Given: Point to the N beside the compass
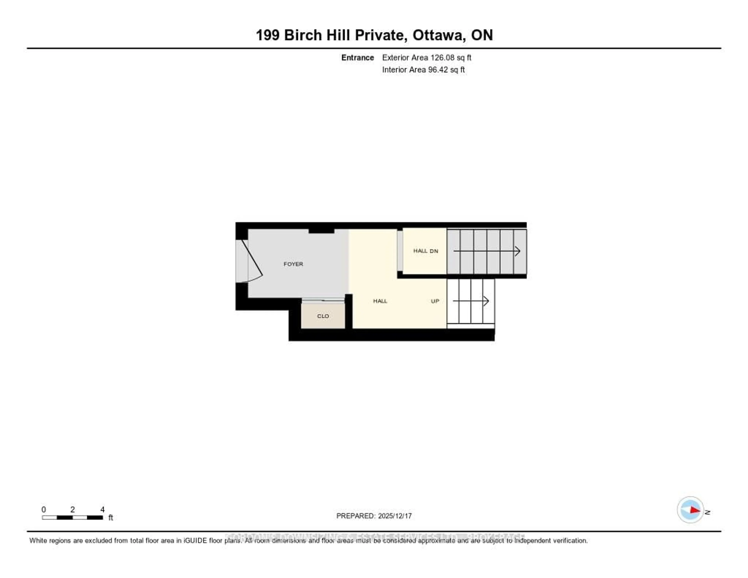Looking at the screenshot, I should (708, 512).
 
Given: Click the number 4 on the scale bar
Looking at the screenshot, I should (102, 509).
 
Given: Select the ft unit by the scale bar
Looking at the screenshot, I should (111, 518).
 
